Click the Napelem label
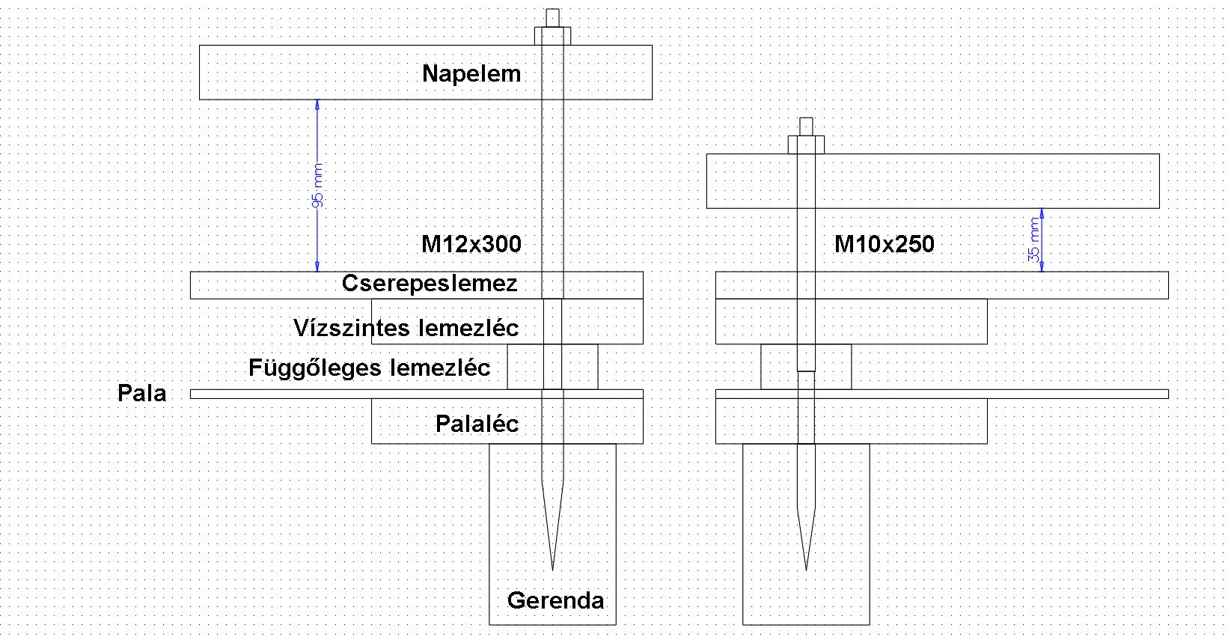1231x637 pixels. (471, 73)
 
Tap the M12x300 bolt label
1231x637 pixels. (471, 243)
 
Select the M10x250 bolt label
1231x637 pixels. (884, 243)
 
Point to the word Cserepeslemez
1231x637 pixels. (430, 283)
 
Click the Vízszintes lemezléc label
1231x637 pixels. (406, 327)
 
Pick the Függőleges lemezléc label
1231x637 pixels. (369, 368)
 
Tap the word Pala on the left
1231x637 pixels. (142, 393)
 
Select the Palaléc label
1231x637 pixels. (477, 424)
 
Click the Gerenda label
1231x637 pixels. (555, 600)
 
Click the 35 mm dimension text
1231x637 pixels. (1034, 240)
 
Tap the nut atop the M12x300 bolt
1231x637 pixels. (552, 36)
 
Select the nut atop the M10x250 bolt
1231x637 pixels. (806, 144)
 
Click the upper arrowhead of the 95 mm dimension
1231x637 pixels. (317, 104)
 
